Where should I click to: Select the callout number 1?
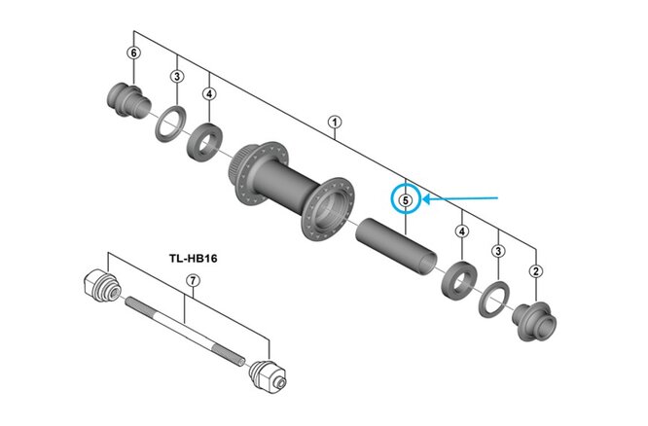coord(336,123)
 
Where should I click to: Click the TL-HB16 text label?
coord(192,259)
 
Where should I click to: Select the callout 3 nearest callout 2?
coord(498,251)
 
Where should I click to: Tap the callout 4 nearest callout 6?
coord(209,93)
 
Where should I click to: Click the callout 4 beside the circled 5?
coord(461,231)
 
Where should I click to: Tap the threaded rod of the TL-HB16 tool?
coord(185,326)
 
